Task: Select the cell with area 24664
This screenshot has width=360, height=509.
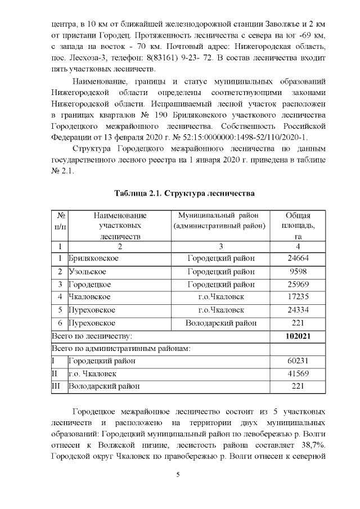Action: pyautogui.click(x=297, y=258)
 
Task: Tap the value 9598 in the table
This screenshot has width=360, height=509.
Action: pyautogui.click(x=297, y=271)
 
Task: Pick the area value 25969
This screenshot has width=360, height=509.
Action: pyautogui.click(x=297, y=284)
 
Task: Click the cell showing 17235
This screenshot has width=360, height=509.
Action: pyautogui.click(x=297, y=297)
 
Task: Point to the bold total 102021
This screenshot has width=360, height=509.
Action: pyautogui.click(x=297, y=336)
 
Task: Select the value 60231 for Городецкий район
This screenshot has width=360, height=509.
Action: pyautogui.click(x=297, y=361)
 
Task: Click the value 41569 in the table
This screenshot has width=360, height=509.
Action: pyautogui.click(x=297, y=374)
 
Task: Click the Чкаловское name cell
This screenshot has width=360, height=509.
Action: pyautogui.click(x=89, y=297)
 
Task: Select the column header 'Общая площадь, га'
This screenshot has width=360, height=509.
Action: pyautogui.click(x=297, y=226)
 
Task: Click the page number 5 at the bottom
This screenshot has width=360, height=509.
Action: pyautogui.click(x=178, y=474)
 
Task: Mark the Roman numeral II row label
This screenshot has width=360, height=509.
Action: pyautogui.click(x=53, y=374)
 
